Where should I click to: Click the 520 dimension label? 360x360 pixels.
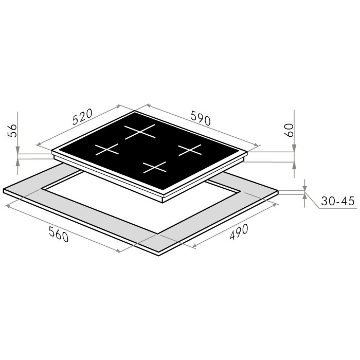coord(82,116)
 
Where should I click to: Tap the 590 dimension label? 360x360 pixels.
coord(201,118)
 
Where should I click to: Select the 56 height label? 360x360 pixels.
coord(12,131)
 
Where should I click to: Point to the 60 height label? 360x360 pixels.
coord(289,130)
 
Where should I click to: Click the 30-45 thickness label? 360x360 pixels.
coord(338,201)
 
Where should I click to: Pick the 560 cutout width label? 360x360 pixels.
coord(59,234)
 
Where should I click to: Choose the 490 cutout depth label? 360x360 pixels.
coord(239,231)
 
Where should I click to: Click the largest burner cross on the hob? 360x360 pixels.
coord(140,132)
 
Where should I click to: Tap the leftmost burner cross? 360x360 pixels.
coord(107,149)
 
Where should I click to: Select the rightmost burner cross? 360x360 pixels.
coord(190,150)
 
